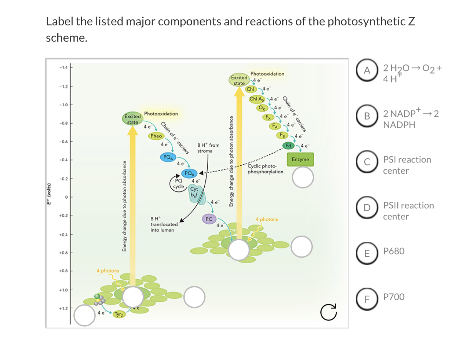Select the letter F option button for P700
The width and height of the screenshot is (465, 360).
368,297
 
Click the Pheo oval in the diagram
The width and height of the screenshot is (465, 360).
156,136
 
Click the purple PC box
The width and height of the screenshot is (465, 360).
209,219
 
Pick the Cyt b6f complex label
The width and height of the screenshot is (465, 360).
194,192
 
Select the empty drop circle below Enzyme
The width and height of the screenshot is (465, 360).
302,177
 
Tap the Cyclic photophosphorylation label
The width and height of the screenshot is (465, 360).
265,169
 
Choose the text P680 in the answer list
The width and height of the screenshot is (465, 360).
394,251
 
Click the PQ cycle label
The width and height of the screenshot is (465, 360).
179,183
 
